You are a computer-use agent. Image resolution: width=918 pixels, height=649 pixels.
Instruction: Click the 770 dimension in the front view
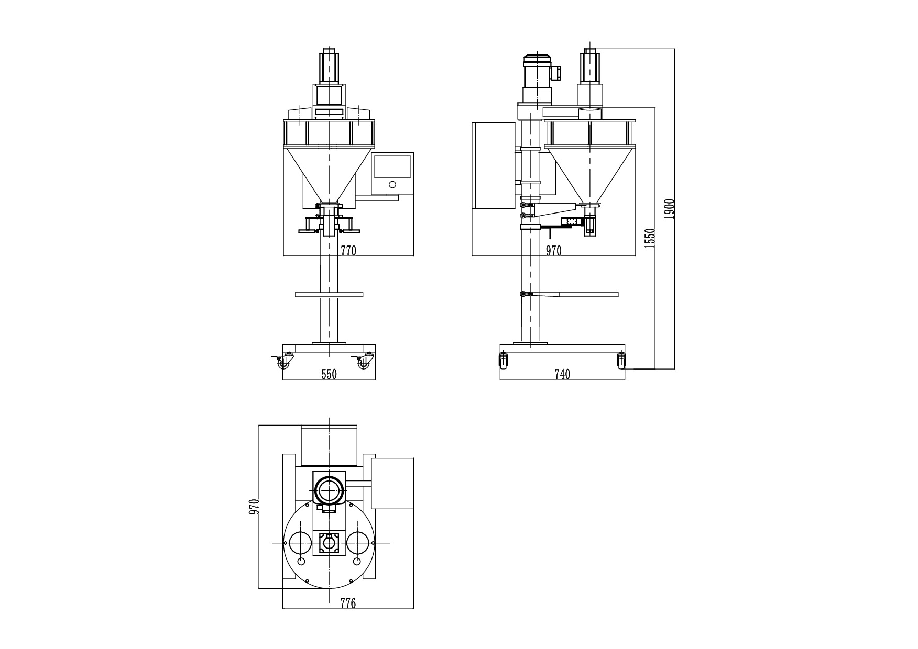point(348,251)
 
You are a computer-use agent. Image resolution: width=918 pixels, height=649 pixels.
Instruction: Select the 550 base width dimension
point(329,374)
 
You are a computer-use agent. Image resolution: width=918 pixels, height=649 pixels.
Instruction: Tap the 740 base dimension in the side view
point(562,374)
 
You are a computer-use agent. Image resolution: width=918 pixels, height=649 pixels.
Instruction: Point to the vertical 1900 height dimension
point(669,209)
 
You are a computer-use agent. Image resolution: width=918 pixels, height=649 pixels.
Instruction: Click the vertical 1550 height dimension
point(650,238)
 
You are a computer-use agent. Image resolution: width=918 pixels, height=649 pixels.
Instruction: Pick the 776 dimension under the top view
point(348,603)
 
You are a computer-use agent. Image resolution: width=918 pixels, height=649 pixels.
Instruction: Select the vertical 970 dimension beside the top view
point(254,507)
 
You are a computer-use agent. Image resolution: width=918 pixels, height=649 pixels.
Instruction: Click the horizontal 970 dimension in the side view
point(553,251)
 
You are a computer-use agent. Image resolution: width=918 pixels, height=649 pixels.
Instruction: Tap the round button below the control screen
point(392,184)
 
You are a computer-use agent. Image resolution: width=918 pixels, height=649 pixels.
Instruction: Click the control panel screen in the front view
point(392,166)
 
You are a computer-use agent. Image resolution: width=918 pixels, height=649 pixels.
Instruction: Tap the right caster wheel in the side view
point(621,361)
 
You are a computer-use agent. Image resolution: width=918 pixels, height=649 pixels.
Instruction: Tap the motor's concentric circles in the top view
point(329,491)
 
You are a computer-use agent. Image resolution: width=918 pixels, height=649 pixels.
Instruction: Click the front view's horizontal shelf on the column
point(329,295)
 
